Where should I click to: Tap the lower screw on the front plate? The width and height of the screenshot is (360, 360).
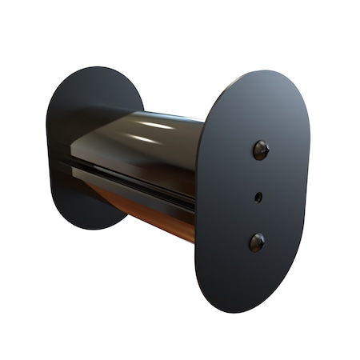tap(257, 241)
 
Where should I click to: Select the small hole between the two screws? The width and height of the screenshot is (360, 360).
tap(258, 195)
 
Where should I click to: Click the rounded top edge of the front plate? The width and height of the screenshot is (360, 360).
tap(264, 74)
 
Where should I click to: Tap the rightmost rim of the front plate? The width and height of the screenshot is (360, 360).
tap(310, 176)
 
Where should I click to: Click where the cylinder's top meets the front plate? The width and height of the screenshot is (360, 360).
tap(204, 120)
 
